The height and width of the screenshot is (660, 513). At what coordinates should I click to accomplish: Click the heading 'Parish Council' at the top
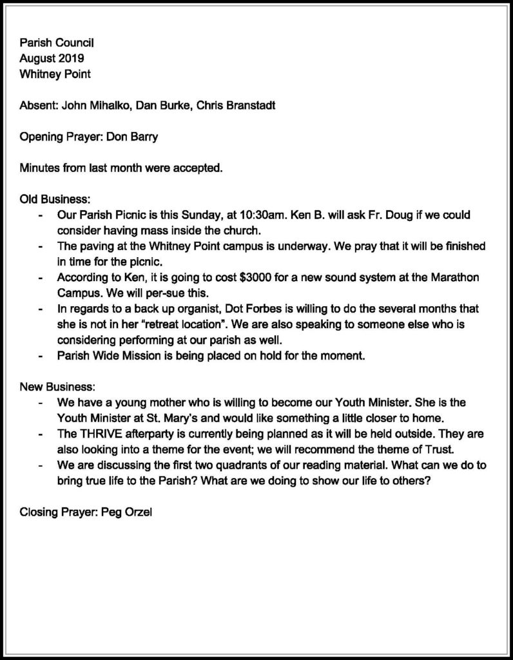pyautogui.click(x=57, y=44)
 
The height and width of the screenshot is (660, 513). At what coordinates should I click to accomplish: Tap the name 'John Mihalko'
pyautogui.click(x=91, y=105)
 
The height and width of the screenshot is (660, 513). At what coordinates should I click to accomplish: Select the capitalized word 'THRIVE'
pyautogui.click(x=97, y=434)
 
